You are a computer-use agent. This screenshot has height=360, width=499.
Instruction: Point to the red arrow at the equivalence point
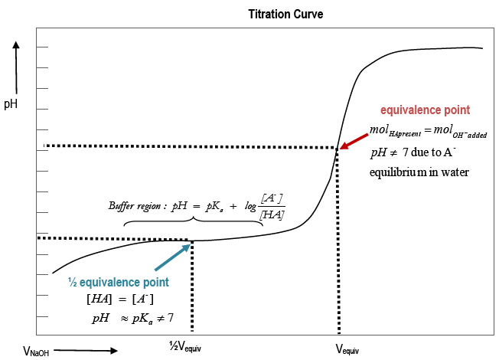(354, 138)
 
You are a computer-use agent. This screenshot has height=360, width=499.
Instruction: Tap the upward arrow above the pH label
(15, 65)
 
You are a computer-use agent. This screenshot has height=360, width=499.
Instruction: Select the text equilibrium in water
(419, 172)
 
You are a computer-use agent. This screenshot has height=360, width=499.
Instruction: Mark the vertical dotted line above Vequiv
(338, 245)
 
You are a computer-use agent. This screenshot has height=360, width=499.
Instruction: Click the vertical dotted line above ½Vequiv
(191, 287)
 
